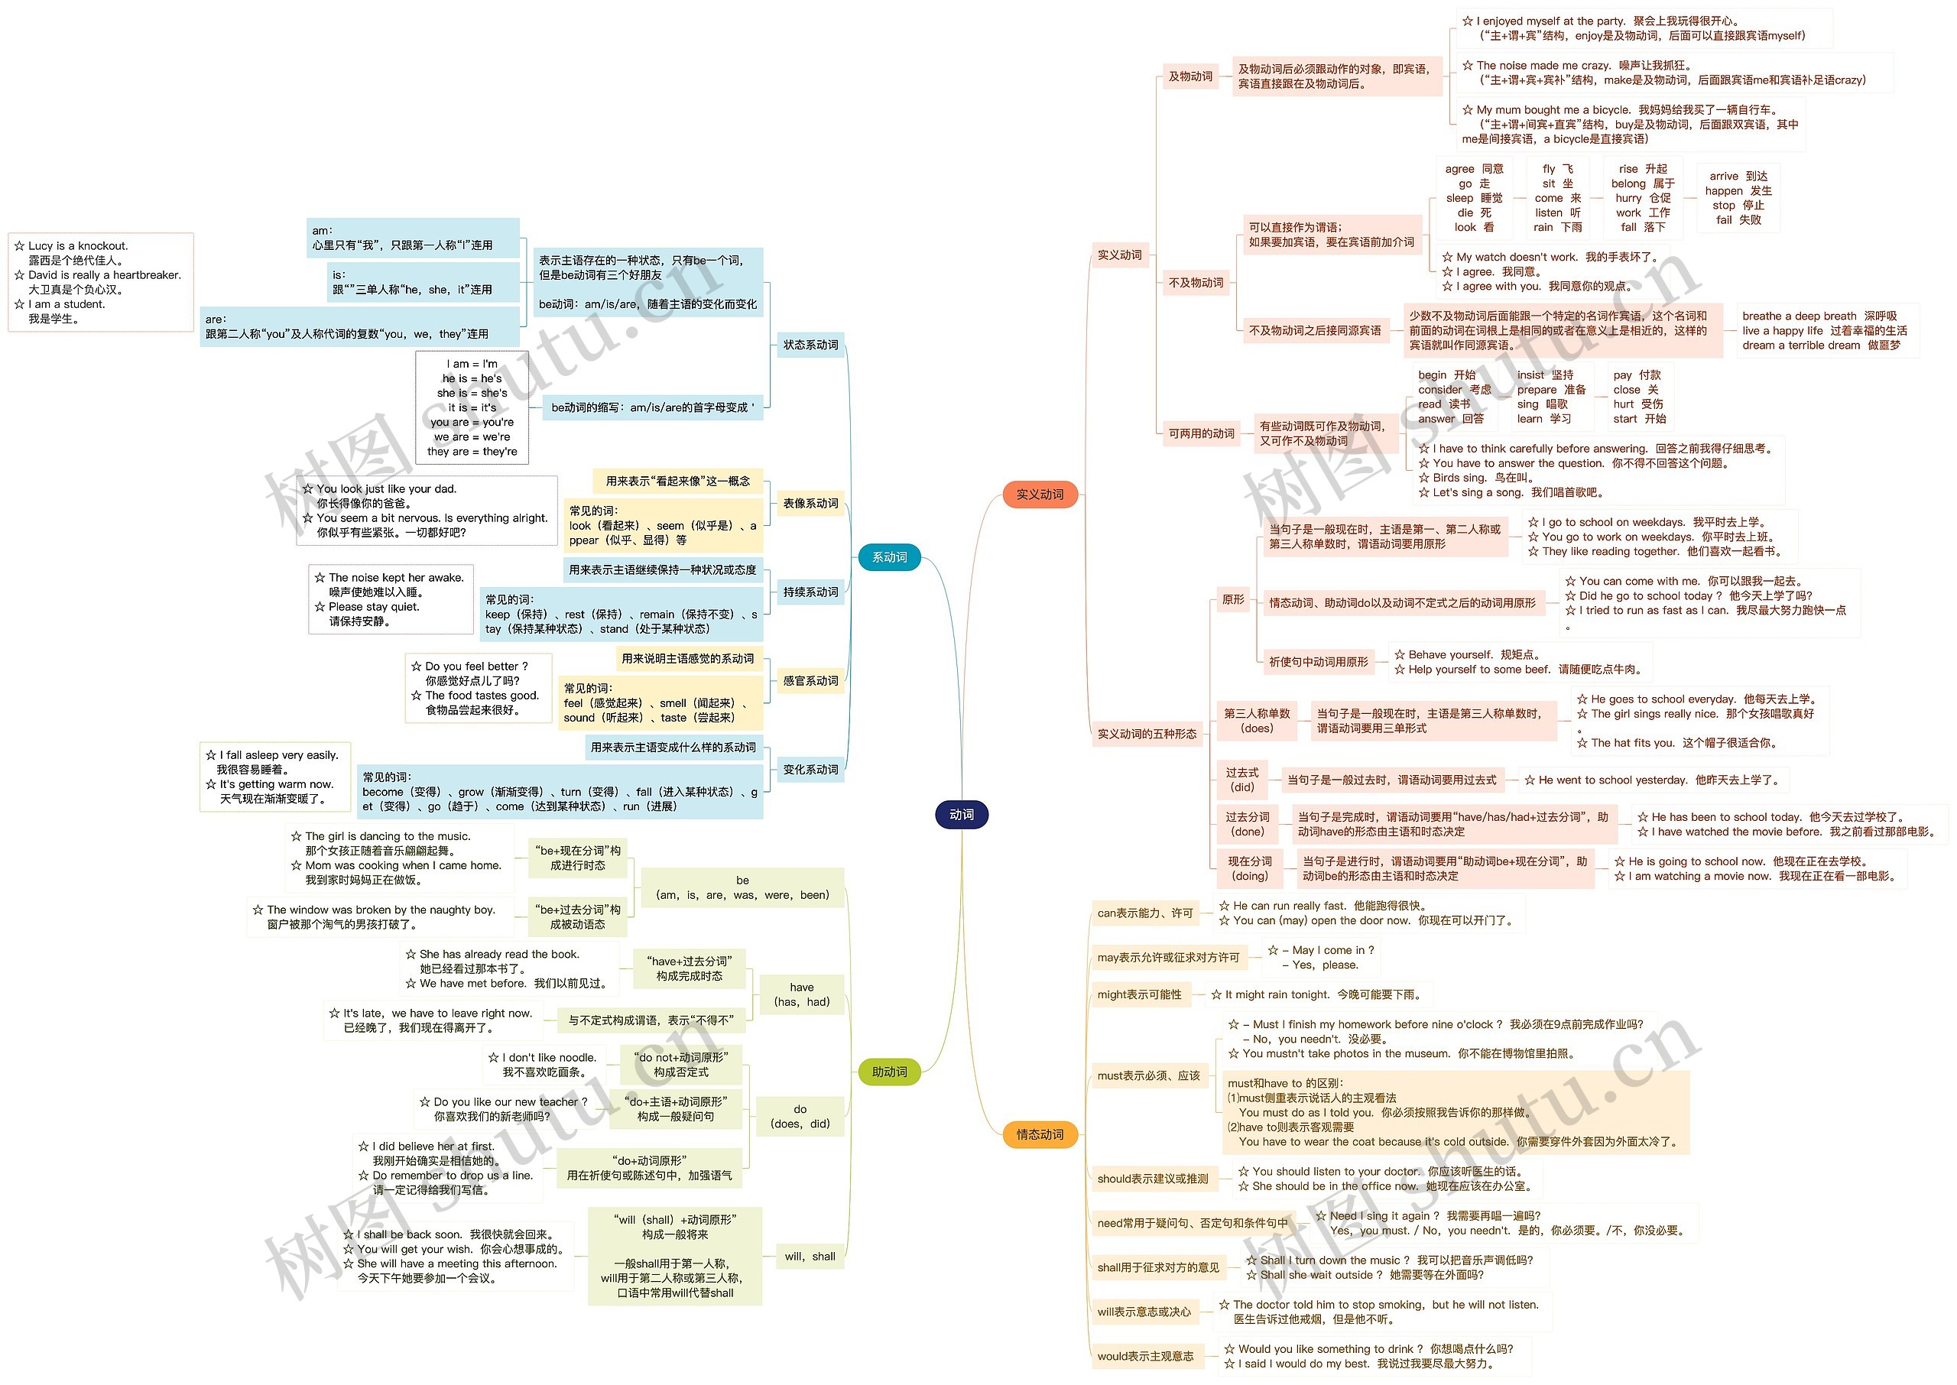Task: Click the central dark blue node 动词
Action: [961, 815]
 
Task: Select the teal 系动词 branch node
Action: [888, 557]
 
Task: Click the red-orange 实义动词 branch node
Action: [1040, 494]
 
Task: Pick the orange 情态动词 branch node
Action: [1040, 1134]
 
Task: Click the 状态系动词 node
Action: [810, 345]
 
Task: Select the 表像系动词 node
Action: [810, 503]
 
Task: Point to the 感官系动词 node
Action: [810, 680]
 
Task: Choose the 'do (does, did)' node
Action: [799, 1117]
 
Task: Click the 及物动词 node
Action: [1190, 76]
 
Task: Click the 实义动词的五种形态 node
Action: [1146, 734]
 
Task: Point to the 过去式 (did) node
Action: [1241, 780]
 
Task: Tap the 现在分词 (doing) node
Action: [1249, 868]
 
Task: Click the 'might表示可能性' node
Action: [1139, 994]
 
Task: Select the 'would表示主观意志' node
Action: [1145, 1356]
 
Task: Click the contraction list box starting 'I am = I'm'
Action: [472, 407]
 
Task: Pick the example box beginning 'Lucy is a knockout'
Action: [101, 282]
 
